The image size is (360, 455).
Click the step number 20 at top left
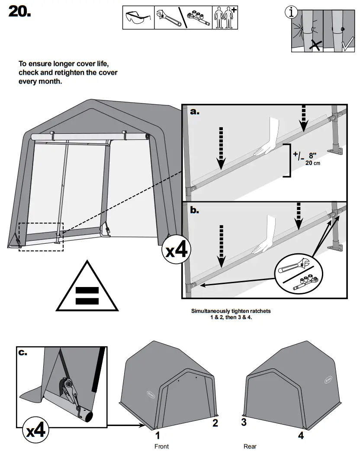pyautogui.click(x=19, y=12)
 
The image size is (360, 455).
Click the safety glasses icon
pyautogui.click(x=138, y=18)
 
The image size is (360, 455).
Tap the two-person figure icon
pyautogui.click(x=224, y=18)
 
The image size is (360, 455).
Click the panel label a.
pyautogui.click(x=195, y=112)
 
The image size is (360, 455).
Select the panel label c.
pyautogui.click(x=23, y=352)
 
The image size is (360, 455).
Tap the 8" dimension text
pyautogui.click(x=312, y=155)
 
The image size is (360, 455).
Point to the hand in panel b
pyautogui.click(x=265, y=237)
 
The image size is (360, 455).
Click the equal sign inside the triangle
pyautogui.click(x=87, y=296)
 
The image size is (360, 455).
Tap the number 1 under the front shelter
pyautogui.click(x=158, y=435)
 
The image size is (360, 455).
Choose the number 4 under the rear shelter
pyautogui.click(x=301, y=435)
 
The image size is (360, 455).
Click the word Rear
pyautogui.click(x=250, y=446)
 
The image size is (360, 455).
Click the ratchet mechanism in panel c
pyautogui.click(x=69, y=387)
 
